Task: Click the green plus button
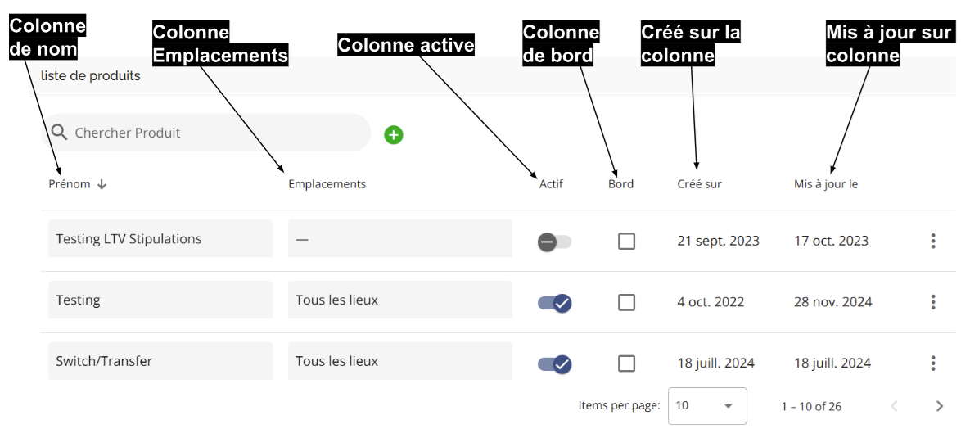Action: tap(394, 135)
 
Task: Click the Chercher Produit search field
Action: tap(206, 133)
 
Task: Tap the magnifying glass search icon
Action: tap(60, 133)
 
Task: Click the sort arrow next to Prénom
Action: tap(102, 184)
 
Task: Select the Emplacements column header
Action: tap(327, 184)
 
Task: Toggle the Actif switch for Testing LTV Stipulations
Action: tap(555, 242)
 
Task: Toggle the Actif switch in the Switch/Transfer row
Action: tap(555, 364)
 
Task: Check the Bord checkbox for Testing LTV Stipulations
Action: tap(626, 242)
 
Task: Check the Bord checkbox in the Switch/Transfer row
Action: tap(626, 363)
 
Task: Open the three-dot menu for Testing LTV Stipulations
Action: tap(933, 241)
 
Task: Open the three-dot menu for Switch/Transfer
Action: tap(933, 363)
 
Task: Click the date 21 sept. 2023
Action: tap(719, 242)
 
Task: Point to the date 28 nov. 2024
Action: tap(833, 302)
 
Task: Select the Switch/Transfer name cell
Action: tap(160, 361)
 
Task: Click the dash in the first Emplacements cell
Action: tap(301, 240)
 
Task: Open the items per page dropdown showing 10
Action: tap(707, 405)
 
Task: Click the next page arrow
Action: tap(940, 405)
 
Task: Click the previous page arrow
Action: tap(894, 405)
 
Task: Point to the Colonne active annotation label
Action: tap(406, 45)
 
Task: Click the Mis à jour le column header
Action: tap(826, 184)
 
